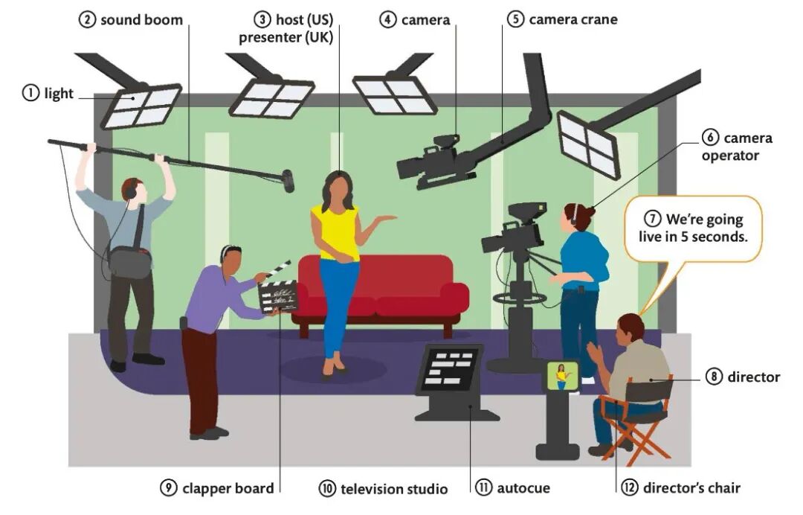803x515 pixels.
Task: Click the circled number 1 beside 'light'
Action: tap(31, 93)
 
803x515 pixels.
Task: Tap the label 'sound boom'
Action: tap(141, 20)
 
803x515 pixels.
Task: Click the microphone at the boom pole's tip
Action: tap(288, 180)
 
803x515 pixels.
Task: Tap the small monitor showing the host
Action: tap(563, 376)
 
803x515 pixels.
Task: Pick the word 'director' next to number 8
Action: tap(753, 377)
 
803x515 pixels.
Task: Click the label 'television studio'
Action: tap(394, 489)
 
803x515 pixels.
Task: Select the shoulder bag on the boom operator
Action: tap(129, 260)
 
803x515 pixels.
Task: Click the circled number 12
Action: tap(631, 488)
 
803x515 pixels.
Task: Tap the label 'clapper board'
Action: tap(228, 489)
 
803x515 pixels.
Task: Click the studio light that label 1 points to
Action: tap(141, 106)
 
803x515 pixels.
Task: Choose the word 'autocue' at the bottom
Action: tap(523, 489)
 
